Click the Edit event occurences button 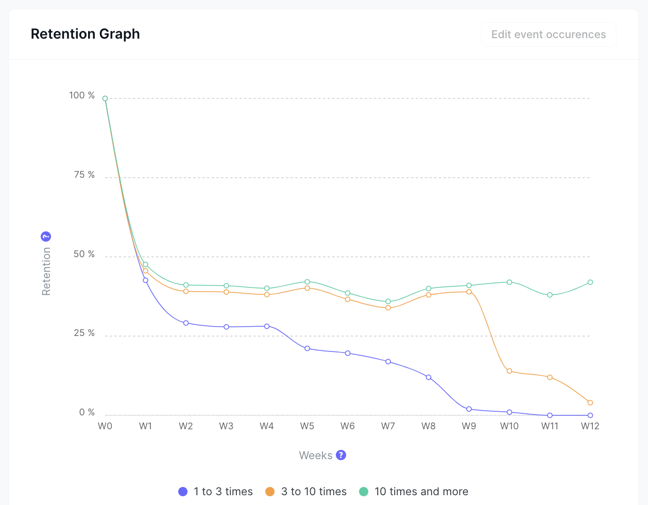pyautogui.click(x=549, y=35)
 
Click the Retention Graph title pyautogui.click(x=86, y=34)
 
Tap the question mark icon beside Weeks pyautogui.click(x=341, y=455)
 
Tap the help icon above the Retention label pyautogui.click(x=46, y=237)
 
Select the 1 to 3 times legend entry pyautogui.click(x=216, y=492)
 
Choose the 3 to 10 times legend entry pyautogui.click(x=306, y=492)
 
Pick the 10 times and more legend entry pyautogui.click(x=414, y=492)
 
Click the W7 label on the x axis pyautogui.click(x=388, y=426)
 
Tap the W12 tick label pyautogui.click(x=590, y=426)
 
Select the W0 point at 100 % pyautogui.click(x=105, y=98)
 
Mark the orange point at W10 pyautogui.click(x=509, y=371)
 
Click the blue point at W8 pyautogui.click(x=429, y=378)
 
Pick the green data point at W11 pyautogui.click(x=550, y=295)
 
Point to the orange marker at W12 pyautogui.click(x=590, y=402)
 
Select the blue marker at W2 pyautogui.click(x=186, y=323)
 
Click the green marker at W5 pyautogui.click(x=307, y=282)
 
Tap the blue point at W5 pyautogui.click(x=307, y=348)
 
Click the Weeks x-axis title pyautogui.click(x=316, y=456)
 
